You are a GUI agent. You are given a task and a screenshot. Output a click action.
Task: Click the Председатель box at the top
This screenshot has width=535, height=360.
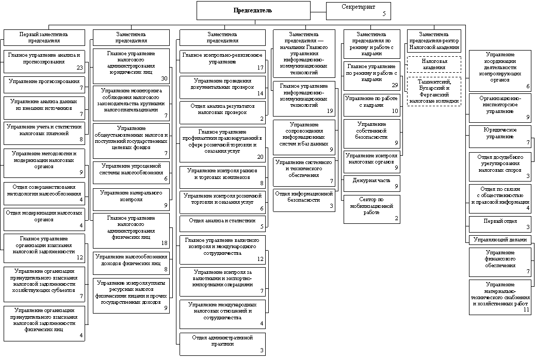coord(253,10)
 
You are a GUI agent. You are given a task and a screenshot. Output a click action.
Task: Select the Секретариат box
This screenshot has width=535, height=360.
coord(358,10)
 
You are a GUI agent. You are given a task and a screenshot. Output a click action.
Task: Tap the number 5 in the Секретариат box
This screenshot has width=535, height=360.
coord(384,14)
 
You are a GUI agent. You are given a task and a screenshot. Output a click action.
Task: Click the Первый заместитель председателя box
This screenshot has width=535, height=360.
coord(44,37)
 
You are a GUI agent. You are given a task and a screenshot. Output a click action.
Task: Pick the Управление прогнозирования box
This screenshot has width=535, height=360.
coord(44,84)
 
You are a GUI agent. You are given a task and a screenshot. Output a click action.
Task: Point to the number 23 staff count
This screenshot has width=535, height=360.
coord(79,68)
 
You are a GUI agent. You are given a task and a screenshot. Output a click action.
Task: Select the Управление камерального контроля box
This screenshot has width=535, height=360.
coord(131,198)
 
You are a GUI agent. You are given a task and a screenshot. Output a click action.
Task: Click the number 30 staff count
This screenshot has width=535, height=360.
coord(164,78)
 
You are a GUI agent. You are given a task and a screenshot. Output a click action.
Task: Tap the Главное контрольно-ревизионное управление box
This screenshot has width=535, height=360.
coord(222,61)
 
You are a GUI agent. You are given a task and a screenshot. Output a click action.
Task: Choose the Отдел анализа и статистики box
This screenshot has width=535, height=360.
coord(222,223)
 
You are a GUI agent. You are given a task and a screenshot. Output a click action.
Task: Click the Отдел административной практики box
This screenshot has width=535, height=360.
coord(222,344)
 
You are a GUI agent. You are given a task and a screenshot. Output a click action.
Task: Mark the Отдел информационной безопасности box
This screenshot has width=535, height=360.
coord(304,200)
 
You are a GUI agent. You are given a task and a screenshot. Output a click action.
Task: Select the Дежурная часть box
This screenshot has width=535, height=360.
coord(371,183)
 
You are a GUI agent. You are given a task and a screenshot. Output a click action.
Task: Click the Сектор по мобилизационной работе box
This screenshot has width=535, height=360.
coord(371,209)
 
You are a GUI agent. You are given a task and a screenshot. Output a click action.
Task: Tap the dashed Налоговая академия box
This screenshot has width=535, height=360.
coord(434,64)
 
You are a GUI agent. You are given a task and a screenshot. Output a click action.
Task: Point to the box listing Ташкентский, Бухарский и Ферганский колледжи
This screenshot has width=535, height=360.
coord(434,91)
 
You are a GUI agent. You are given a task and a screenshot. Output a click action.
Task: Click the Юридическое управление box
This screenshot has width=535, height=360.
coord(499,136)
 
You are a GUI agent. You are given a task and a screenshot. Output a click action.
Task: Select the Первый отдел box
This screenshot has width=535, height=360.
coord(499,224)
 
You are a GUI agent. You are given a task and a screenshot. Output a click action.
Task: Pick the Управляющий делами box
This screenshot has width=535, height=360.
coord(499,240)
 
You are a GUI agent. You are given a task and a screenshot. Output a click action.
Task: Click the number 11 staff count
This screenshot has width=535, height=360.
coord(526,309)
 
